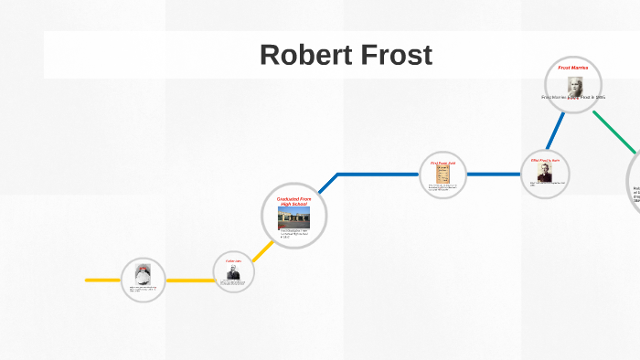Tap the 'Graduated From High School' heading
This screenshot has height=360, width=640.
point(293,200)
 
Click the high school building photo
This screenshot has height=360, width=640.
point(293,217)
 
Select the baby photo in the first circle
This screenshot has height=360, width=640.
point(143,274)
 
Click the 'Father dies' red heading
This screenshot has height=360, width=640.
point(233,261)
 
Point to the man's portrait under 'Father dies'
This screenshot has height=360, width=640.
point(233,272)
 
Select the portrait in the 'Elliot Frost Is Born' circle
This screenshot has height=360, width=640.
point(546,173)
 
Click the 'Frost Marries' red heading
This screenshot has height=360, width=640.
point(573,68)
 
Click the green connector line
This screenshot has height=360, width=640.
point(611,133)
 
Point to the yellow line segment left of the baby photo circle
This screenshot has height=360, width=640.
point(102,280)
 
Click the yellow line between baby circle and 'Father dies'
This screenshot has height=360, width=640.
point(189,280)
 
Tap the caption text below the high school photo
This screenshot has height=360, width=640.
point(293,234)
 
